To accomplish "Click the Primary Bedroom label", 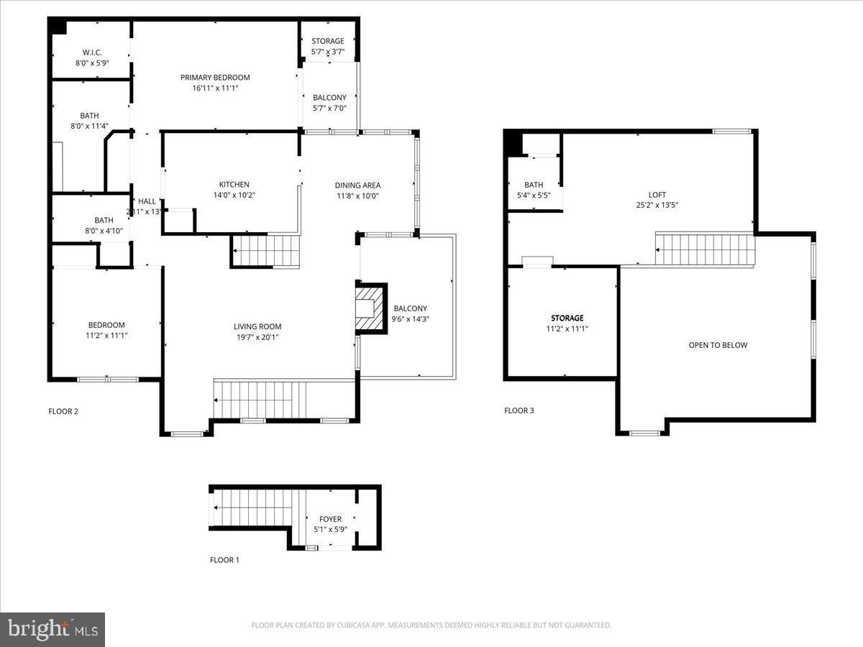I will (215, 78).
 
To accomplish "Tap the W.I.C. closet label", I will (91, 52).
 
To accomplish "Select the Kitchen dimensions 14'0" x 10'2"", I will (234, 195).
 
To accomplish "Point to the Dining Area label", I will (357, 185).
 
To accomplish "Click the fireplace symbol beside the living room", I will (370, 308).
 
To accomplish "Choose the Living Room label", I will (257, 326).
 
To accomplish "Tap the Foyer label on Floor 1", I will (331, 519).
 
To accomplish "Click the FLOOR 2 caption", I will (63, 411).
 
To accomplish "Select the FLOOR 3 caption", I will (519, 410).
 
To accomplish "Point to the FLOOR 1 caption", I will (224, 559).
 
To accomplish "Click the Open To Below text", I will (718, 345).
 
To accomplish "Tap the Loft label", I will (657, 195).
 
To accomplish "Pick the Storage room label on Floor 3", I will (567, 318).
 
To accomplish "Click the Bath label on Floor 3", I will (534, 185).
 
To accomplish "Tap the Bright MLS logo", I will (52, 630).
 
